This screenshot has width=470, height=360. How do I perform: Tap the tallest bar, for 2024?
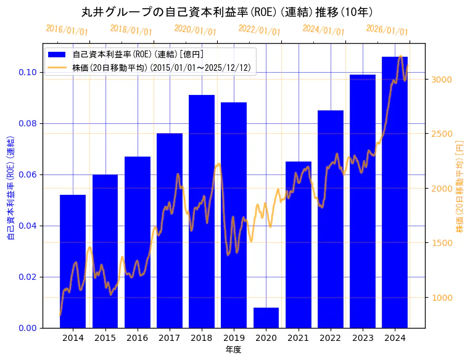[x=395, y=192]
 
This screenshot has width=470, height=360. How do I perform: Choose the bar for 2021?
[x=298, y=244]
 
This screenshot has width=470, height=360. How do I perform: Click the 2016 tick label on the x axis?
[x=137, y=338]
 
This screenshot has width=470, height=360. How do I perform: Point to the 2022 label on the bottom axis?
[x=330, y=338]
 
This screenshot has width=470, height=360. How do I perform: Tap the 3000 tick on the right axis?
[x=442, y=80]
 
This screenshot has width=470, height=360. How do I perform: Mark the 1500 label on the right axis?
[x=442, y=243]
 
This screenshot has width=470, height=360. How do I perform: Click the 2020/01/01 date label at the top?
[x=195, y=30]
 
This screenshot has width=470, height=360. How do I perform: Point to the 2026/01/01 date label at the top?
[x=387, y=30]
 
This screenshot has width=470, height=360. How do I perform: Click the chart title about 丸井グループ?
[x=227, y=12]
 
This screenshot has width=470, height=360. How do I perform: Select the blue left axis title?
[x=10, y=186]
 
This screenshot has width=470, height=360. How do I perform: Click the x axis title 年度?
[x=233, y=350]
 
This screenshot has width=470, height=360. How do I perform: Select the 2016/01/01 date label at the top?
[x=67, y=30]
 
